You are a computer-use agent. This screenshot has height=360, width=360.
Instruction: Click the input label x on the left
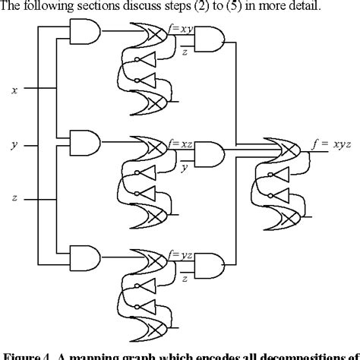14,90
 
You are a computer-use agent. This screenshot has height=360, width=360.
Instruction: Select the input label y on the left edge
14,144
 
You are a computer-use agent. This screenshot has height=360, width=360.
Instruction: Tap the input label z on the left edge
14,199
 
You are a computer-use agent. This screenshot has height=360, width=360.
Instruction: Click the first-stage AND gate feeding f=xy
83,31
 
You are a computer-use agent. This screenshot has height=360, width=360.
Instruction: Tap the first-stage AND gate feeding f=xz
84,141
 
